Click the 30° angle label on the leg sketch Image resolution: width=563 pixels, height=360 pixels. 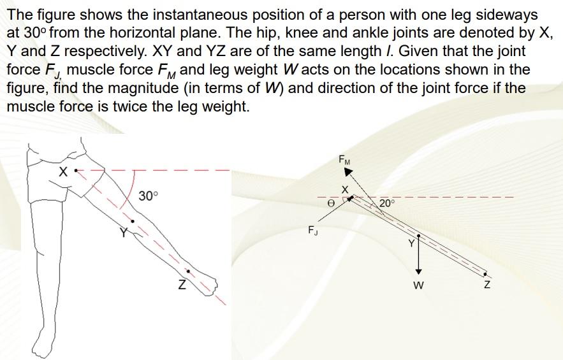(148, 196)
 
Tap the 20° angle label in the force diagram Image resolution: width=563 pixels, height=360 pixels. (386, 203)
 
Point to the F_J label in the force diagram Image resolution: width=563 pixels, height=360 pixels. (313, 230)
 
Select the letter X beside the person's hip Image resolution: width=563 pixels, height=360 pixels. (62, 172)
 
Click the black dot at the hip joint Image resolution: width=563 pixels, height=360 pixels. (76, 171)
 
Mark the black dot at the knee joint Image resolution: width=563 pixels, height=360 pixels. (133, 221)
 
